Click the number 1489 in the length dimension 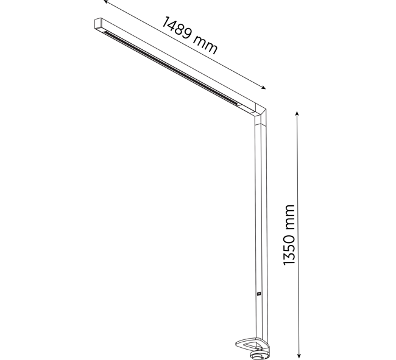point(176,27)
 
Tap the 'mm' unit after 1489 point(205,44)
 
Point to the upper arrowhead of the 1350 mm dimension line point(297,113)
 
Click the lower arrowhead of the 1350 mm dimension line point(299,356)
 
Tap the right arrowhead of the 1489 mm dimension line point(263,88)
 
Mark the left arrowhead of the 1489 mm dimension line point(106,1)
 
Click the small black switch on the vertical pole point(258,294)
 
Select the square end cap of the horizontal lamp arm point(98,24)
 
